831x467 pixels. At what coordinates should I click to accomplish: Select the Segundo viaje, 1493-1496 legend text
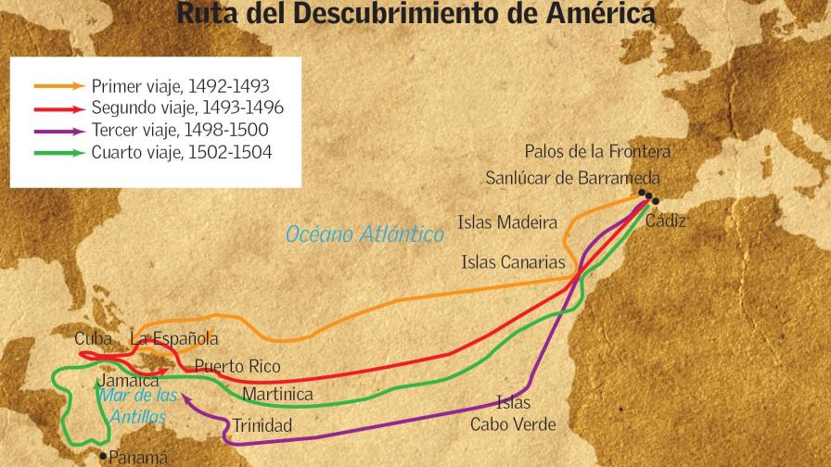pos(187,108)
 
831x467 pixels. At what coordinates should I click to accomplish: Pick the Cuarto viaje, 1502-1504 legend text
pos(182,152)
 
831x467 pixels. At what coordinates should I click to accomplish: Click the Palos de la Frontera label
pos(597,151)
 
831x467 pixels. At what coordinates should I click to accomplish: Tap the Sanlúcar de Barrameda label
pos(572,178)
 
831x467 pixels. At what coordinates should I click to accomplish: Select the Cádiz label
pos(666,221)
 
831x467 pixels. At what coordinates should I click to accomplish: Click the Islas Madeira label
pos(507,222)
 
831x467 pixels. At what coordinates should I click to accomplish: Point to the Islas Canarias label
pos(513,262)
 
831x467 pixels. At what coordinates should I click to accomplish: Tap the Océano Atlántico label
pos(364,234)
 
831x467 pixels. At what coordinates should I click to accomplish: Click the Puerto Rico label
pos(237,367)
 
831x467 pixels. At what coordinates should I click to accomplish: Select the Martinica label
pos(277,395)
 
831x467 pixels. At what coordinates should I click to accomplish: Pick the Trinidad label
pos(262,426)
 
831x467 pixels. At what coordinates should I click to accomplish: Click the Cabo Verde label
pos(513,425)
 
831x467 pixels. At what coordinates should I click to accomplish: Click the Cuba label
pos(94,339)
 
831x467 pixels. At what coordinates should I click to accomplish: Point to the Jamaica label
pos(128,380)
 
